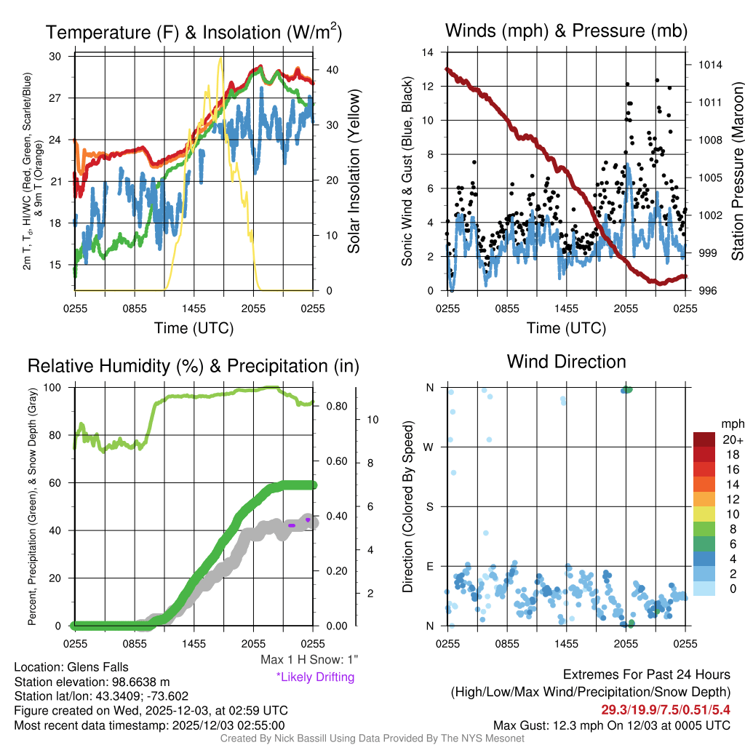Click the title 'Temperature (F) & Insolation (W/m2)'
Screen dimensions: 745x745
tap(194, 33)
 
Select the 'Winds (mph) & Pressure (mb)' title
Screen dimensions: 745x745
tap(566, 31)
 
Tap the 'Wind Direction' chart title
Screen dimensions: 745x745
tap(566, 362)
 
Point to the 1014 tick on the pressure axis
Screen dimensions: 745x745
tap(709, 65)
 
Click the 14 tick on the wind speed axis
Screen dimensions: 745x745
tap(429, 52)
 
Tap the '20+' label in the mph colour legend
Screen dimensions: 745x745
tap(732, 440)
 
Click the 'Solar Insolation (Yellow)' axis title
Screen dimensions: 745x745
tap(354, 172)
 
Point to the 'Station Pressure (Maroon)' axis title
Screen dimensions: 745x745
tap(736, 172)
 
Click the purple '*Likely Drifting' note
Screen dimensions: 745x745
tap(315, 677)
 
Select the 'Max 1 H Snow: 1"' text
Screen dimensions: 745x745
tap(309, 660)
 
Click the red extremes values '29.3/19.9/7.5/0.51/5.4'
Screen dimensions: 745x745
tap(665, 709)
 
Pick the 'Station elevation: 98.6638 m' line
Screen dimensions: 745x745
tap(92, 682)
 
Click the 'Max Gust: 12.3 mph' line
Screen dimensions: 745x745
tap(611, 725)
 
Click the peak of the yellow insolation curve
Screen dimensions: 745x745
tap(220, 58)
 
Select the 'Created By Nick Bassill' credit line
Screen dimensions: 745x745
tap(372, 738)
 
